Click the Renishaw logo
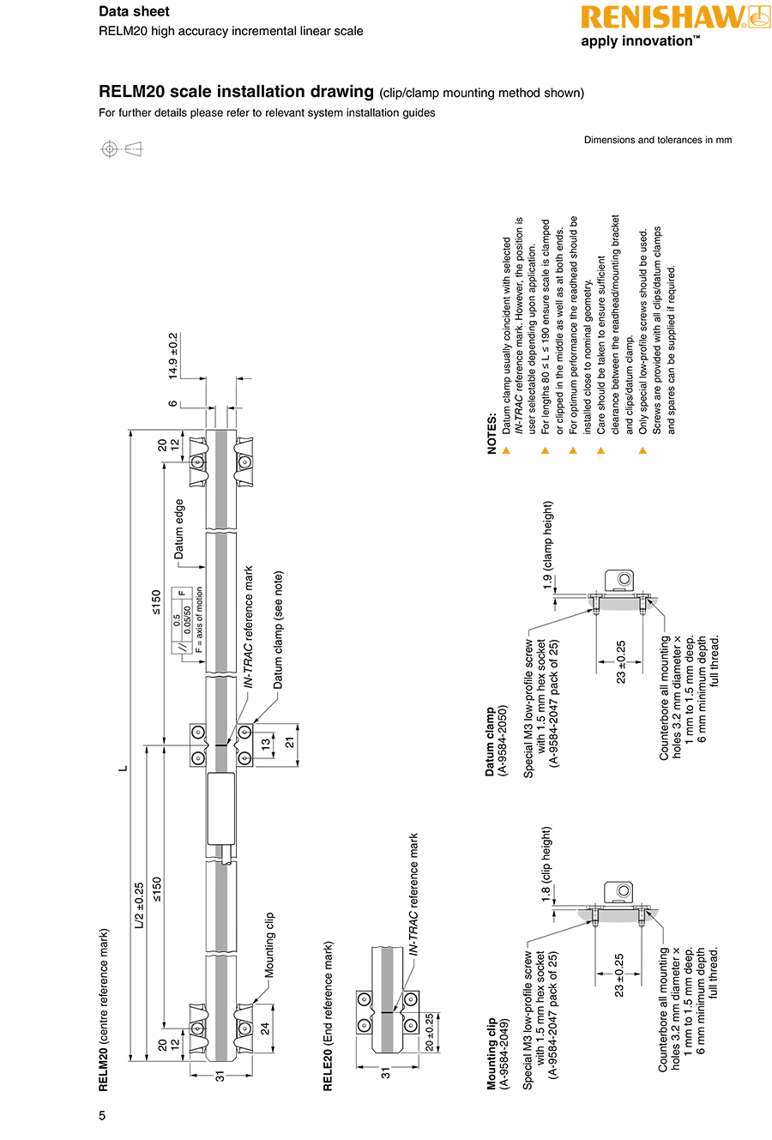675,17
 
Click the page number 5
102,1116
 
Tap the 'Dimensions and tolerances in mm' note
658,140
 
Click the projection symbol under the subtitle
121,149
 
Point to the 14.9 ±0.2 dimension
173,356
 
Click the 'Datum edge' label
179,529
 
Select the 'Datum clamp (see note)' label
278,630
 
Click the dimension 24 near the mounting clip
265,1027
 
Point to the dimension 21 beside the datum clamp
290,741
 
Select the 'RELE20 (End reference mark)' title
328,1016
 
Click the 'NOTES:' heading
492,434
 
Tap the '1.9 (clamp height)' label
548,545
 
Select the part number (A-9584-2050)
504,740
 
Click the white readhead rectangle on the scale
221,808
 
